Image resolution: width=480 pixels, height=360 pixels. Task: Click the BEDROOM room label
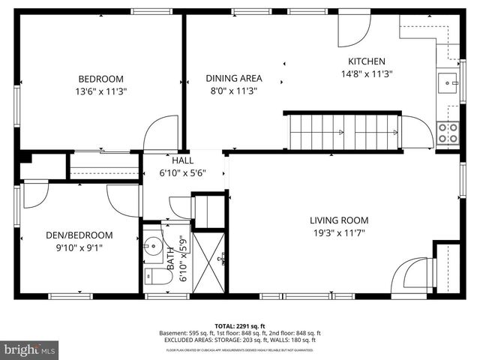coord(101,79)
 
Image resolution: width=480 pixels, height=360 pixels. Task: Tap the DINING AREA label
coord(233,78)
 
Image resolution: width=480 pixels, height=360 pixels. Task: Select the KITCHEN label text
coord(367,61)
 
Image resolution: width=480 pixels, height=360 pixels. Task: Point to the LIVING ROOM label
coord(339,220)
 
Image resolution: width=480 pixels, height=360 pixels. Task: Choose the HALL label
coord(182,160)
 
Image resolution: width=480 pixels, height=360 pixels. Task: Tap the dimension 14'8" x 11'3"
coord(367,74)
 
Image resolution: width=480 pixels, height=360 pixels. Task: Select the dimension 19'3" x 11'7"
coord(339,233)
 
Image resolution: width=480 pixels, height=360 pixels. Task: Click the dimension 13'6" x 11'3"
coord(101,91)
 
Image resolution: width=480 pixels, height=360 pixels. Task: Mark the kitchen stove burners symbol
coord(448,133)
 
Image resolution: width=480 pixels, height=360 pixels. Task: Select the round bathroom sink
coord(153,245)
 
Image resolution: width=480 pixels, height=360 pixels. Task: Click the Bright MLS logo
coord(30,349)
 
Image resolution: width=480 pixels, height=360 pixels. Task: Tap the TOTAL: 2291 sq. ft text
coord(239,326)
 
